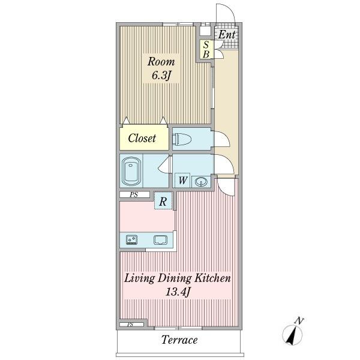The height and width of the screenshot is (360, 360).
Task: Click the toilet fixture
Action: point(182,139)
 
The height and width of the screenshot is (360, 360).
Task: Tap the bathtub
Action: point(131,171)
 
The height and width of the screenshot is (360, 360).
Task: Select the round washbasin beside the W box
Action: point(201,182)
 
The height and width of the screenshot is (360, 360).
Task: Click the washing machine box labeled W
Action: point(182,181)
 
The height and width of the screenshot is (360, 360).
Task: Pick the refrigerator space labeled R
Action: point(163,200)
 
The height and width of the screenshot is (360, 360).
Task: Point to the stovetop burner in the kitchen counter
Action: point(132,239)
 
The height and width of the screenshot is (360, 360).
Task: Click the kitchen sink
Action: point(161,240)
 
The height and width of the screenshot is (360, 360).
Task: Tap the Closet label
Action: point(142,139)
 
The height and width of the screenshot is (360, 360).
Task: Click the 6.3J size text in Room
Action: point(161,75)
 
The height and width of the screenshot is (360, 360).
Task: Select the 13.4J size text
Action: point(178,292)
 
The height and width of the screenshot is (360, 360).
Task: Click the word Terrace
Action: point(179,340)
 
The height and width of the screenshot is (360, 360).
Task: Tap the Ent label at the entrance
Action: point(226,35)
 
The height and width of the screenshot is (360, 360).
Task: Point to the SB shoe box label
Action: point(206,50)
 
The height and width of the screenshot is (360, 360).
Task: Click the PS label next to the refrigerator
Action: point(134,194)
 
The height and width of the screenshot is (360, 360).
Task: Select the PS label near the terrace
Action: point(130,325)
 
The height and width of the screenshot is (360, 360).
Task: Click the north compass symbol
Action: point(292,335)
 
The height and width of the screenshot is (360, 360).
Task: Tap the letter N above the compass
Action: point(299,320)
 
